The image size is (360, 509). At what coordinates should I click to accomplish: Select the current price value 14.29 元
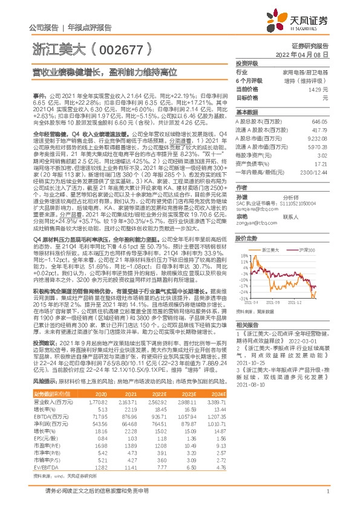point(319,89)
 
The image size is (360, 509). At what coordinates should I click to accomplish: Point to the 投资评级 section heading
point(247,63)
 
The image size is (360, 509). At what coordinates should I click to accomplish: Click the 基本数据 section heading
point(247,112)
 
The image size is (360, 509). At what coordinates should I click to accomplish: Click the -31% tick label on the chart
point(243,298)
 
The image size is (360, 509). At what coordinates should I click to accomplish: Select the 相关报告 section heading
point(247,325)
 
